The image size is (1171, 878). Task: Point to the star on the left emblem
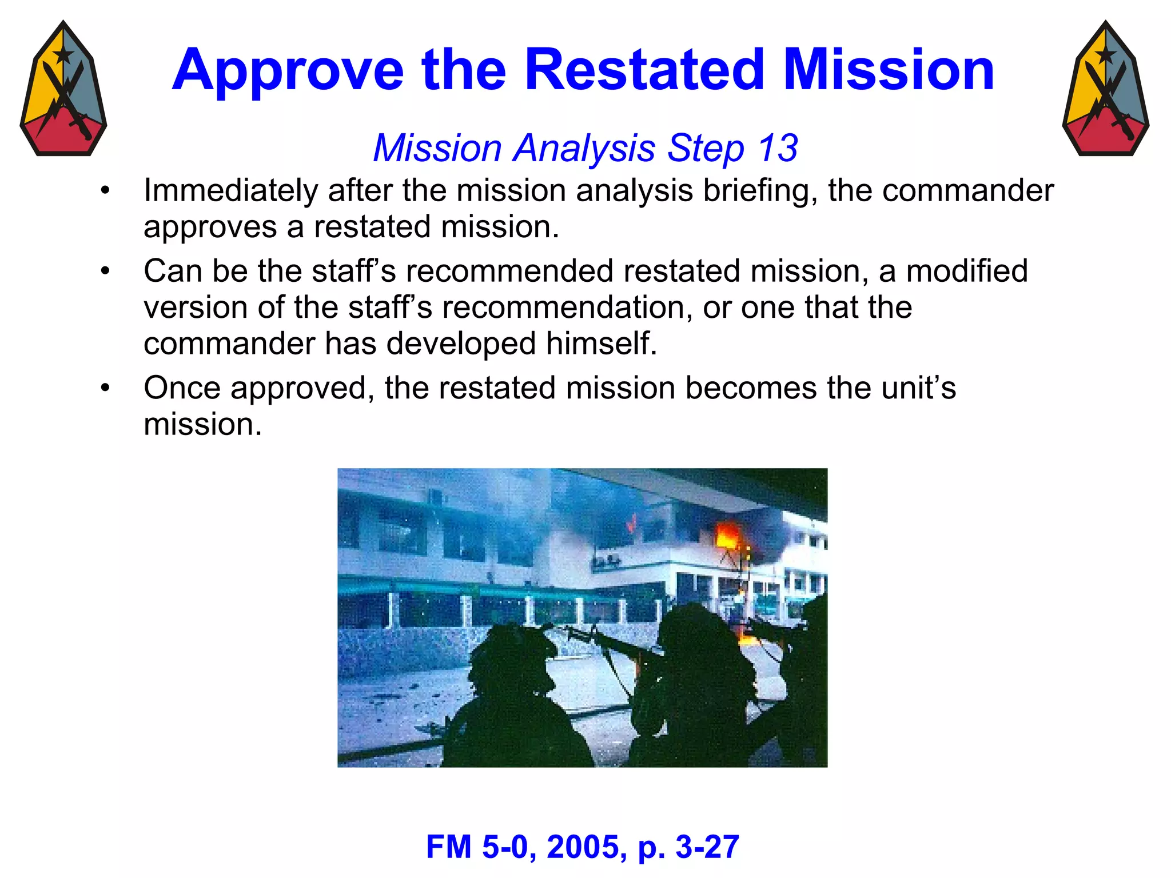63,55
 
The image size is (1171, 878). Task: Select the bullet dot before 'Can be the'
105,271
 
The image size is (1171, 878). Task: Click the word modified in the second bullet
967,271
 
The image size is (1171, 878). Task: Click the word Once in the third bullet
182,388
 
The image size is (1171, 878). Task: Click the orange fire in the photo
728,537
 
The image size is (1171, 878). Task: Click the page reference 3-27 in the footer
707,847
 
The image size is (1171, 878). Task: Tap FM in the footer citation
449,847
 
